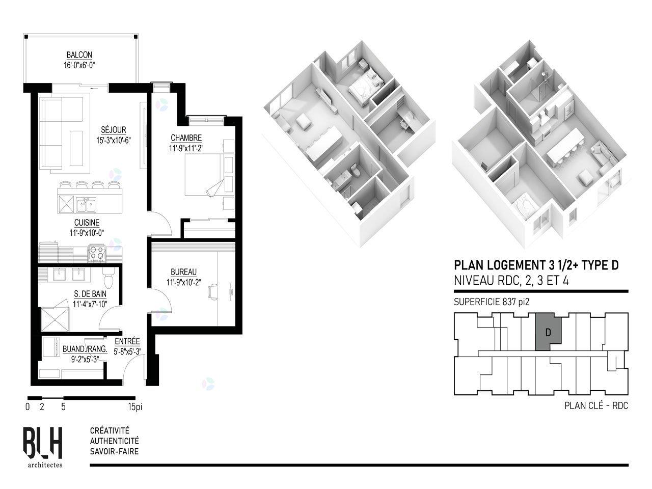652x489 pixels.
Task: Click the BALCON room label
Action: point(79,55)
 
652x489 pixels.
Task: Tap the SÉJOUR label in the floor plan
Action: point(114,130)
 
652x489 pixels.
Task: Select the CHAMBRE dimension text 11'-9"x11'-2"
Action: point(186,148)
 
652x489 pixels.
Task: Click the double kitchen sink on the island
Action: point(86,205)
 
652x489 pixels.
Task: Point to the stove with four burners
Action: point(97,253)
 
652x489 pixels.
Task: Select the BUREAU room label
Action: point(183,271)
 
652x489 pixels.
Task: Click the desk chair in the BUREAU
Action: point(213,291)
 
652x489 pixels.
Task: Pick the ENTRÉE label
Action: point(127,341)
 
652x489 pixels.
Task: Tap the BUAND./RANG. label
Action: point(85,349)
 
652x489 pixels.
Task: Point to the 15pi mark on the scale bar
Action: point(135,406)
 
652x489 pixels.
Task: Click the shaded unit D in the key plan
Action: point(548,332)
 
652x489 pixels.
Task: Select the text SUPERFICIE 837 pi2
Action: point(492,302)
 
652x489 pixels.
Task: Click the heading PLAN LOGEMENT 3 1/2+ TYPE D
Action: point(536,265)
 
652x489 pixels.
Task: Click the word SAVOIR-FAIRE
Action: point(115,452)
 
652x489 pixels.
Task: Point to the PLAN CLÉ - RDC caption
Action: point(596,406)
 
